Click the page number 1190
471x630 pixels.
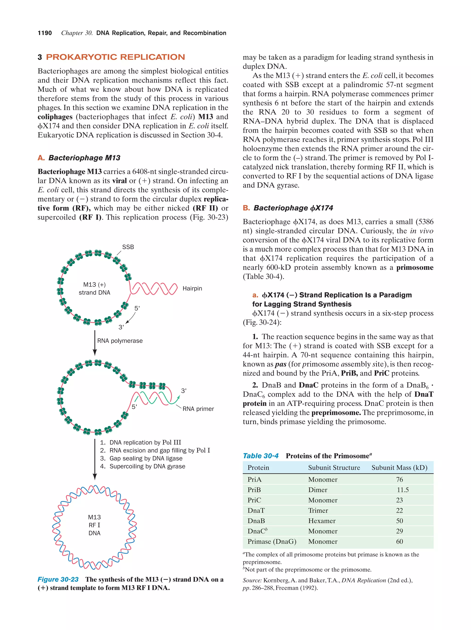(x=45, y=33)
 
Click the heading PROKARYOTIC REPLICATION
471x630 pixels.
(x=115, y=57)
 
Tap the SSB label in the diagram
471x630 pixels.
(x=128, y=247)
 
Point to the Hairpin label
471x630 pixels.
(x=192, y=288)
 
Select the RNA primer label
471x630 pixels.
(x=198, y=409)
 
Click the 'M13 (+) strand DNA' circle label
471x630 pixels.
(x=94, y=288)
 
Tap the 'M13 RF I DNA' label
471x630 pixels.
(x=94, y=525)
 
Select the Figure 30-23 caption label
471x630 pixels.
(x=58, y=579)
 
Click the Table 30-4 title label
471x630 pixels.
(x=260, y=456)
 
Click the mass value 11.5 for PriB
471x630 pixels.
(x=403, y=490)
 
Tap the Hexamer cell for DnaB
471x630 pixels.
(x=322, y=521)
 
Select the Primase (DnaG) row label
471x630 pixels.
(x=272, y=542)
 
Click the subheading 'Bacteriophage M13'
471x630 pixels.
(x=84, y=158)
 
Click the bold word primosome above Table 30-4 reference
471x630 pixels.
(x=415, y=268)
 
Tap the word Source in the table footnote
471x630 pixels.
(x=252, y=580)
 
